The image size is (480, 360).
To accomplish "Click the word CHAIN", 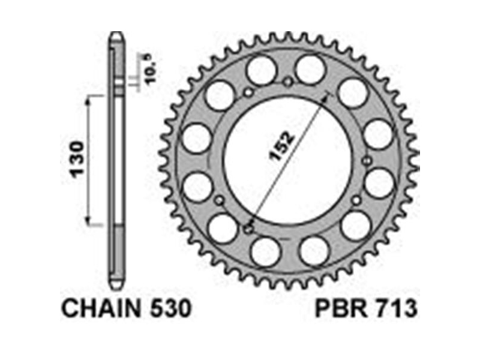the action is [x=101, y=308].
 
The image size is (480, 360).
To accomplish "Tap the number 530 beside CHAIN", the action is [x=171, y=308].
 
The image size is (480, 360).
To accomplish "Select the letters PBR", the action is [x=341, y=308].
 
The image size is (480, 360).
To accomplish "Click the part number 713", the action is [x=397, y=308].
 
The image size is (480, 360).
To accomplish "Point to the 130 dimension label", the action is [x=77, y=160].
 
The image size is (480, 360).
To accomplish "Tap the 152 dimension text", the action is [x=281, y=146].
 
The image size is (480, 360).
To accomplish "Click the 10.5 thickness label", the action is [x=151, y=69].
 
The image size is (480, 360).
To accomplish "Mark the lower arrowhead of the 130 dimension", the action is [x=88, y=220].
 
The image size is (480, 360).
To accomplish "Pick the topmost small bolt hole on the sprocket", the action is [x=288, y=82].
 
